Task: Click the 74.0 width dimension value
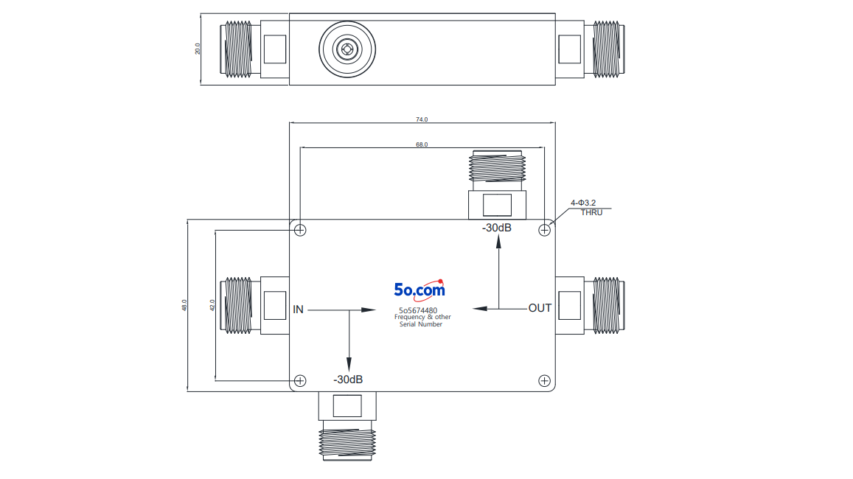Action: coord(422,119)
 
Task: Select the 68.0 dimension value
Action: coord(422,144)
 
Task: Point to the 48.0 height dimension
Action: coord(184,305)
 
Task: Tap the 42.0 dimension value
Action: coord(213,305)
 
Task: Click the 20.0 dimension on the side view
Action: coord(198,49)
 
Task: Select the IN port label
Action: coord(298,310)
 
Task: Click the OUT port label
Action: coord(540,308)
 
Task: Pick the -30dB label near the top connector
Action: coord(497,228)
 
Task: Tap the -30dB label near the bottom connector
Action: coord(348,380)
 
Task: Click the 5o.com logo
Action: coord(419,290)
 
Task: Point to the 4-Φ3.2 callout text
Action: coord(583,203)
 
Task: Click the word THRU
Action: coord(591,212)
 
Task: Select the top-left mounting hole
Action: coord(300,230)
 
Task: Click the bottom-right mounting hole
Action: coord(544,380)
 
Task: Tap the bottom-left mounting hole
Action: coord(300,380)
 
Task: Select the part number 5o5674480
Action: coord(418,310)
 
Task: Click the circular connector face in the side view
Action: coord(347,49)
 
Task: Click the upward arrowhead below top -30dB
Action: coord(499,242)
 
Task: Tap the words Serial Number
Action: coord(420,324)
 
